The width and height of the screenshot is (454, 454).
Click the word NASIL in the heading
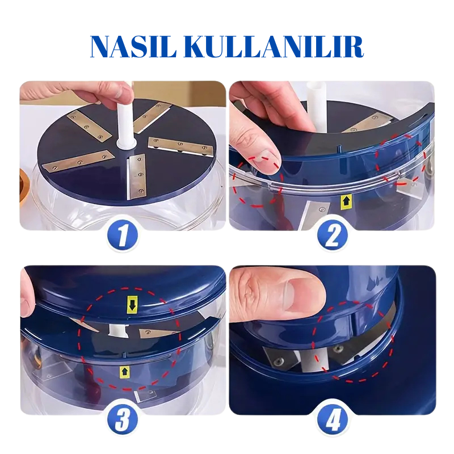[133, 47]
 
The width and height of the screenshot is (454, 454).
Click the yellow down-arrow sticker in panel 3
[132, 305]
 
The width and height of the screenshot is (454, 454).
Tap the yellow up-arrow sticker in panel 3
[124, 372]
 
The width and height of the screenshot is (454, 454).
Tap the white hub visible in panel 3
[119, 330]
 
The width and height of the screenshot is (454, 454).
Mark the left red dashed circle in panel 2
[257, 181]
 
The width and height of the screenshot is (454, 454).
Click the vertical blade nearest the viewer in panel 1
[136, 176]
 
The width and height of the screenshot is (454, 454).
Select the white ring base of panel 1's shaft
[125, 144]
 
